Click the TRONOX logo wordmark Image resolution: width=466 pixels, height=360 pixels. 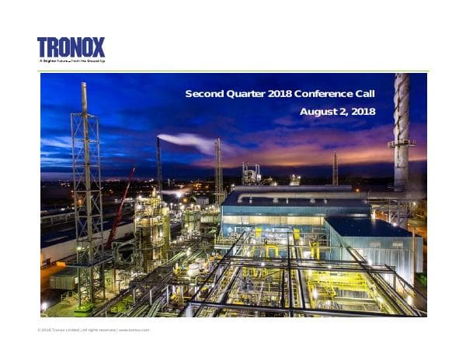click(71, 47)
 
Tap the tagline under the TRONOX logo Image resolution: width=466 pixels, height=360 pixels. click(71, 60)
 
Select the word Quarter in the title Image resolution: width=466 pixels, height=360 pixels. click(245, 94)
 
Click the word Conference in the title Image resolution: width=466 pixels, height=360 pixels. click(325, 94)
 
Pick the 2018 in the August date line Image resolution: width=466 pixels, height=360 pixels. click(363, 112)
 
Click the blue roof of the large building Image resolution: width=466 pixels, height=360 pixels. click(295, 199)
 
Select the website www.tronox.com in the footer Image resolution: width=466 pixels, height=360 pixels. click(134, 330)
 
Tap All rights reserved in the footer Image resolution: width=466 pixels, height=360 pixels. click(99, 330)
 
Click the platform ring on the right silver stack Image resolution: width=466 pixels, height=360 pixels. click(401, 143)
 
